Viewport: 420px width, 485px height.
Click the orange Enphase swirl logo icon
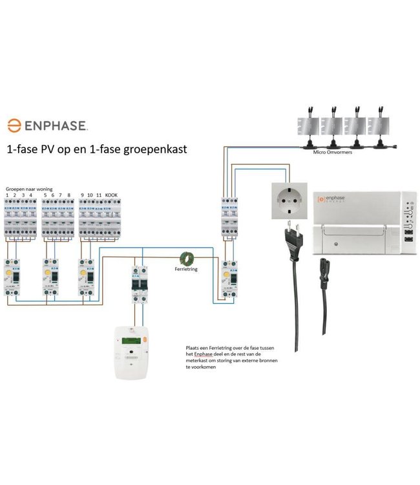13,125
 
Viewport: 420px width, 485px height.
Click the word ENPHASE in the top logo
55,125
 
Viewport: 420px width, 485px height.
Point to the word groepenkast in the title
158,148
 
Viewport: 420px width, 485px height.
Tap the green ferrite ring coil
187,257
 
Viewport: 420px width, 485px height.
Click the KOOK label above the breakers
112,195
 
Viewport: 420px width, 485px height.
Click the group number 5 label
45,195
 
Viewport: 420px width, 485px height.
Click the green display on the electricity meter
132,342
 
